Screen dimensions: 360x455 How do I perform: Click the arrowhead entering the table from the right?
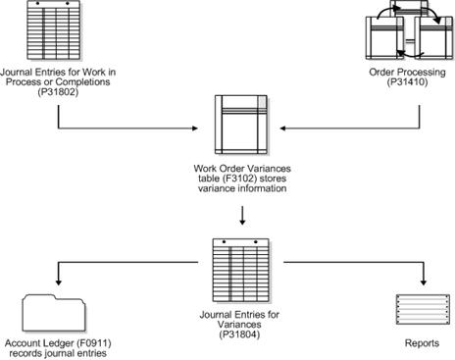click(273, 128)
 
